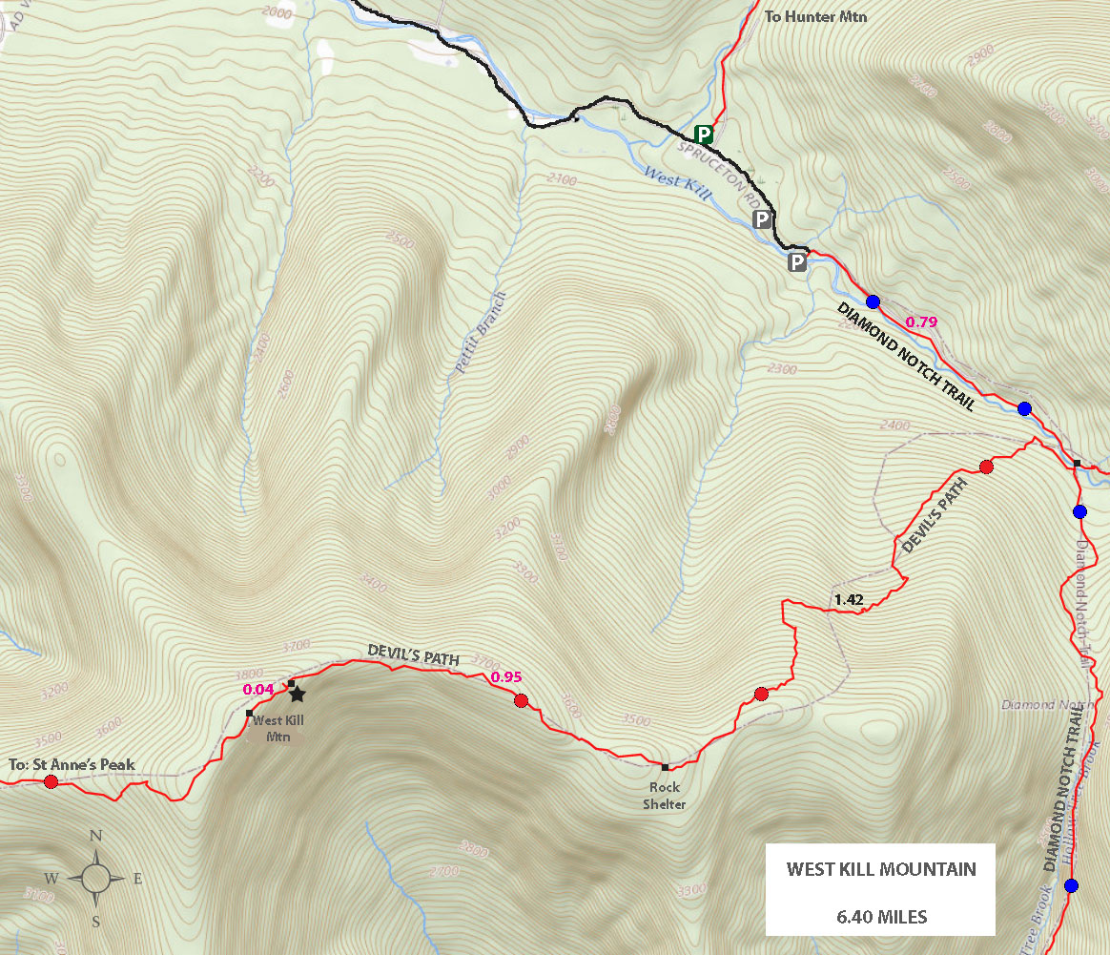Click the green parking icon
pos(703,135)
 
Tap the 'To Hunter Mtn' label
pos(816,16)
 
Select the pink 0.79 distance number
pos(921,322)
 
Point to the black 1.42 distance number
pos(848,600)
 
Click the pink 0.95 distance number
pos(505,677)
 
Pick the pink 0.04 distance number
pos(258,689)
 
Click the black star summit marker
pos(297,695)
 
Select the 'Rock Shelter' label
pos(665,796)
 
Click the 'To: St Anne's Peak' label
pos(72,764)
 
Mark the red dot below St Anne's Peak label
pos(51,782)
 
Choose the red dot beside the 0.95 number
pos(521,701)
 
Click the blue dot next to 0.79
pos(873,301)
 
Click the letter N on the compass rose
pos(95,836)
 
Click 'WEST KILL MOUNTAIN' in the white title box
pos(880,869)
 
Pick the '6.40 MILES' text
pos(880,917)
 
